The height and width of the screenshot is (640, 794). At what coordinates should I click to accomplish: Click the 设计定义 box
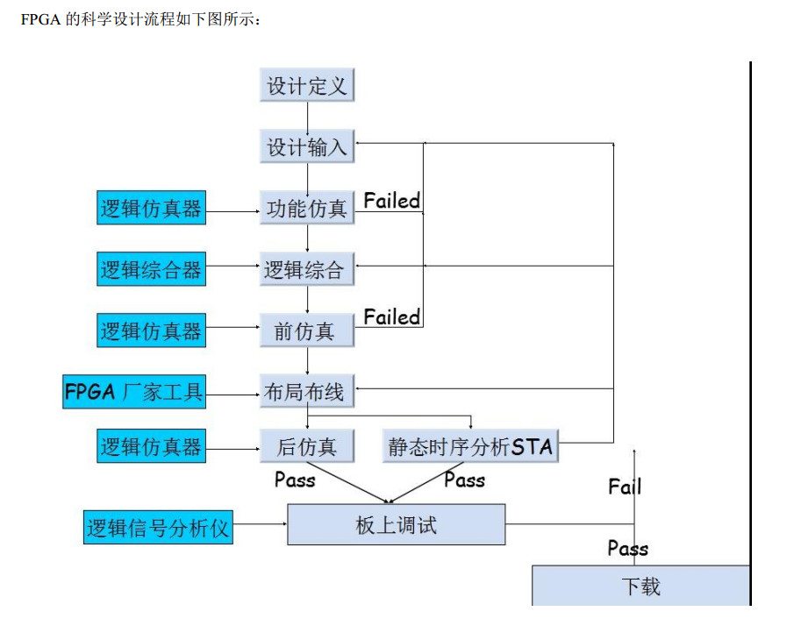307,86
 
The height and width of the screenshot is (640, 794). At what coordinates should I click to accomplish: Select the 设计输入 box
307,146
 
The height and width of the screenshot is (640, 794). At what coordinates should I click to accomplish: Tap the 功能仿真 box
307,209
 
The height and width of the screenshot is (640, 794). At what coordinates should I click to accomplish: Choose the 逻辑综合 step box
307,269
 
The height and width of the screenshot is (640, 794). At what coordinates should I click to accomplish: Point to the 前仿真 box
307,331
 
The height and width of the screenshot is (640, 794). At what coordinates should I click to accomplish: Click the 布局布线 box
307,392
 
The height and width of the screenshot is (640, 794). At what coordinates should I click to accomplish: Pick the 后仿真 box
307,446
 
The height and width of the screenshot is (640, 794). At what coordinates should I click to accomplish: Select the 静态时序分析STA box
471,446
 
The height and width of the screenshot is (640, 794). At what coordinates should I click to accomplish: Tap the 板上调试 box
397,524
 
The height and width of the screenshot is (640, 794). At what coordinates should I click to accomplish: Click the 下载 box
640,586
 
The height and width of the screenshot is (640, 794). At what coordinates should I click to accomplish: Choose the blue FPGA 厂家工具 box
133,391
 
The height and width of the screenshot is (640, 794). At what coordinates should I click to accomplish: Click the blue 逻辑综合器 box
151,269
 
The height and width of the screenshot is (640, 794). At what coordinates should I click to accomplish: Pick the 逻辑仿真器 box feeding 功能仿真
151,209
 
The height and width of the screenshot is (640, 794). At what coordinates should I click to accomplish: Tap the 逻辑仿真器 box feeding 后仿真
151,446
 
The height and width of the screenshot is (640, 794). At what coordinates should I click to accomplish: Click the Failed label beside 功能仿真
392,201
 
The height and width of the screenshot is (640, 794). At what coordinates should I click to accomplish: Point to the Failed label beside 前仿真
392,316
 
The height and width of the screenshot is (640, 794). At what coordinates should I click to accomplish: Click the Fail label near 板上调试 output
625,487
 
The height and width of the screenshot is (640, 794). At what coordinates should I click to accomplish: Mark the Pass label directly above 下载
628,549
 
